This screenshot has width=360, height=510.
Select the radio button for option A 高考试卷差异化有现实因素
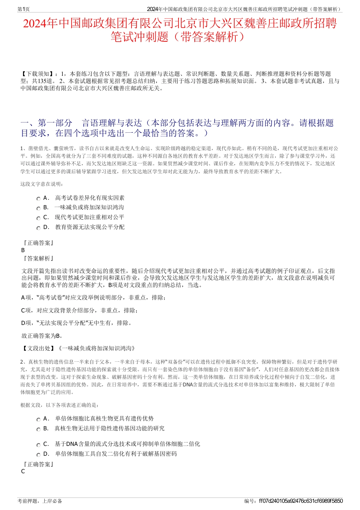[38, 199]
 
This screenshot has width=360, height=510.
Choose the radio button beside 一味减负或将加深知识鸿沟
[38, 208]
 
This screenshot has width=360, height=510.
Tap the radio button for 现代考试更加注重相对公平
[38, 218]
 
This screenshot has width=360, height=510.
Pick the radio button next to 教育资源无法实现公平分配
[38, 228]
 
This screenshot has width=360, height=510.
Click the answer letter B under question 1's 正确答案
[23, 250]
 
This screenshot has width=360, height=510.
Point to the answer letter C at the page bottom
[23, 471]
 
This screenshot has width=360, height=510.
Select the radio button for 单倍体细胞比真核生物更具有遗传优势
[38, 419]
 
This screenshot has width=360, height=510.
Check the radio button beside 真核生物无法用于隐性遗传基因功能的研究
[38, 429]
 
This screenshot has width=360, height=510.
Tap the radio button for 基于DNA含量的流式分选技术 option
[38, 445]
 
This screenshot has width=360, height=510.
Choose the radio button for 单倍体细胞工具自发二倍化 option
[38, 455]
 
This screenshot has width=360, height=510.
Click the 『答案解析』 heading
[38, 259]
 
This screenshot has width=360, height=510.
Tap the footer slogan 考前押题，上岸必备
[40, 501]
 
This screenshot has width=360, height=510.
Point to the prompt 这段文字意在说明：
[42, 184]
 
